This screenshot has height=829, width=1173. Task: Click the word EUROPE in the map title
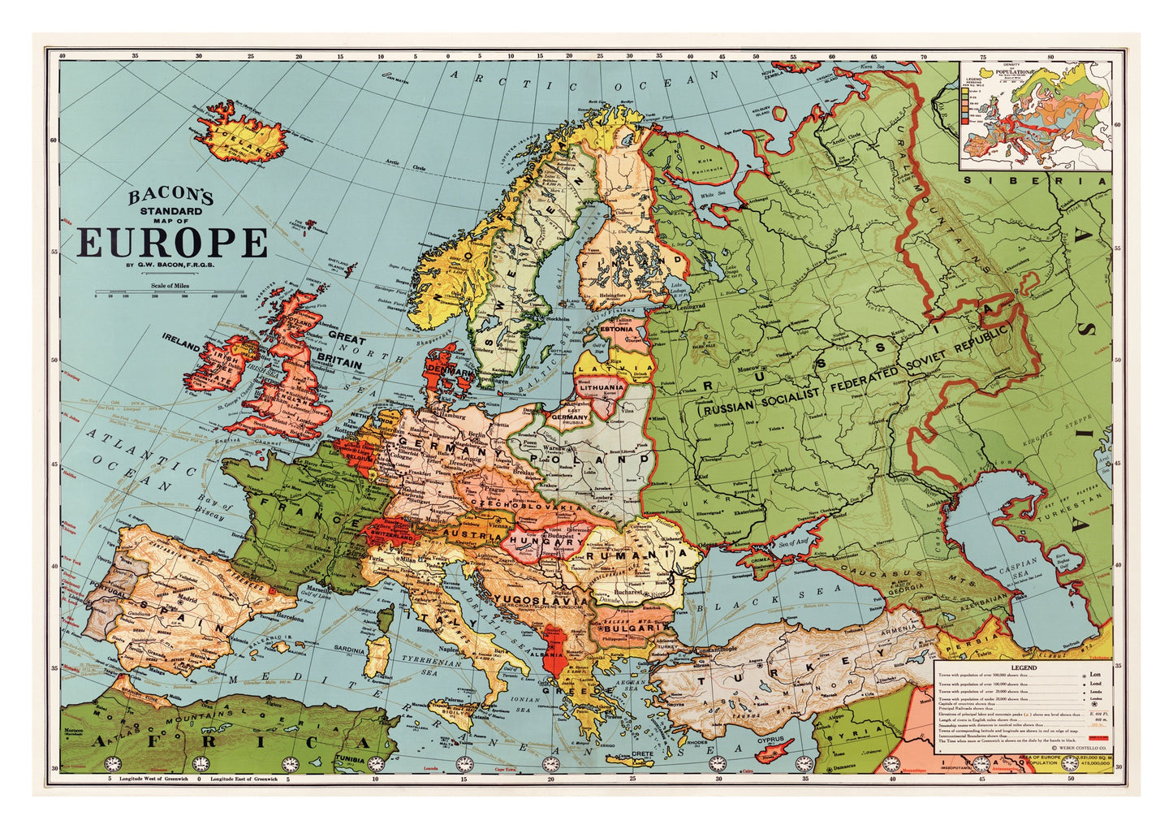tap(172, 242)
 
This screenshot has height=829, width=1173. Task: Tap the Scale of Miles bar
tap(170, 291)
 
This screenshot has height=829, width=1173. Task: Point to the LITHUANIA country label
tap(601, 387)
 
